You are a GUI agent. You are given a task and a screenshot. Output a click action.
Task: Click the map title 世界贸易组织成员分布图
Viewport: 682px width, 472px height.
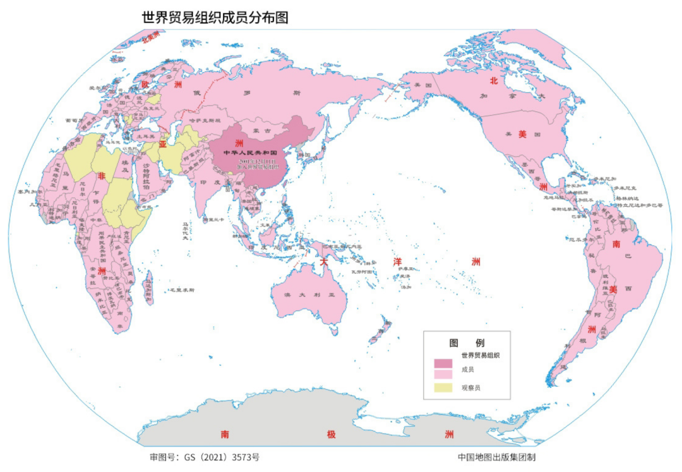[x=215, y=17]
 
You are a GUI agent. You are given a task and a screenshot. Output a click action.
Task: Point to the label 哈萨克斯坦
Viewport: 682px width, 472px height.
[x=205, y=120]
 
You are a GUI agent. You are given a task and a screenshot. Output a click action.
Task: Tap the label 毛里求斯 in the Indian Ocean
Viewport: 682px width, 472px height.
[x=181, y=290]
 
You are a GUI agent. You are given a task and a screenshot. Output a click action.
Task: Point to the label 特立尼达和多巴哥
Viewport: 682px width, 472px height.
[x=638, y=205]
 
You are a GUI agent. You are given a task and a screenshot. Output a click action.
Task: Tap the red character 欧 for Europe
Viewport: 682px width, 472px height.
[x=145, y=84]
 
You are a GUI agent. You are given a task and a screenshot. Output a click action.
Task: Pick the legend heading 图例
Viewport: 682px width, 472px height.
[x=466, y=342]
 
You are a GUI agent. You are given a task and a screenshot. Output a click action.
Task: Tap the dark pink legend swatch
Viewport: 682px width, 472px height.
[x=443, y=364]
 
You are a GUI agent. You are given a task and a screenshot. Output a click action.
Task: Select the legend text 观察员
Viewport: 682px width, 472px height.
[x=471, y=387]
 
